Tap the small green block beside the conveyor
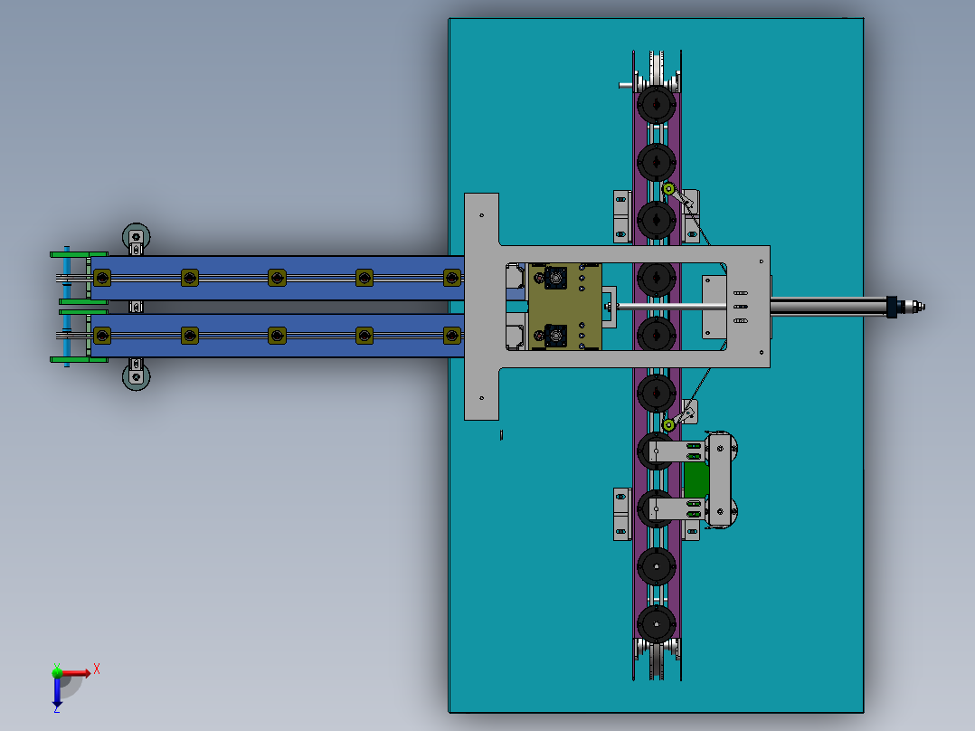[696, 479]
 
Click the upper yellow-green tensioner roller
[668, 189]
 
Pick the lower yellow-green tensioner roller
[668, 424]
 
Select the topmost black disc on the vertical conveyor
[656, 105]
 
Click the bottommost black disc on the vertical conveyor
[656, 624]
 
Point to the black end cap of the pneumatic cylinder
[895, 308]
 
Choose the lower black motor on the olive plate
[554, 337]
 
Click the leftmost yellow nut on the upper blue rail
[101, 277]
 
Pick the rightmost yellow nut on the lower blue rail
[450, 336]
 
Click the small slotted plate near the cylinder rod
[740, 307]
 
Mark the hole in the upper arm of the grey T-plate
[482, 216]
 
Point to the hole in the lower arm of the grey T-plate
[482, 396]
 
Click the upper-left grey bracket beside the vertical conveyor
[621, 217]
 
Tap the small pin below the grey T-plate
[502, 435]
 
